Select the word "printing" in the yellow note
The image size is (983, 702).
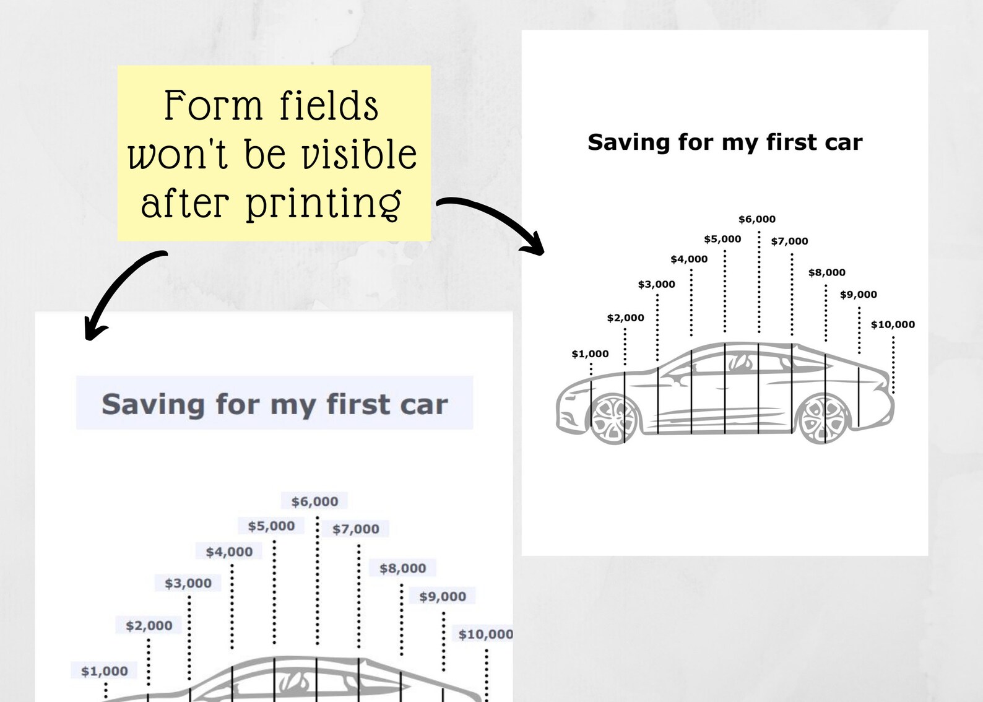(323, 203)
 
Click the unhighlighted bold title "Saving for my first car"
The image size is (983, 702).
(725, 142)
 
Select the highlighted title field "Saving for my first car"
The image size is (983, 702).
(274, 404)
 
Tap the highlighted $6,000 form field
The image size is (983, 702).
(314, 501)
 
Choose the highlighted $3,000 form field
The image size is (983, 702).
(188, 583)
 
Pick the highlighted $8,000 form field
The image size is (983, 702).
(402, 568)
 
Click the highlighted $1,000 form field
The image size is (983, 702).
(104, 671)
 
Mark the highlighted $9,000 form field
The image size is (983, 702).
(443, 597)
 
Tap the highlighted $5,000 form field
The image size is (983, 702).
(271, 526)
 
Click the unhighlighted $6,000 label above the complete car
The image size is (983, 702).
(757, 219)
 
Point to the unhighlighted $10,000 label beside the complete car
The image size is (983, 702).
(893, 324)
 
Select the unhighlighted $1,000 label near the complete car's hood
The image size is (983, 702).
(590, 354)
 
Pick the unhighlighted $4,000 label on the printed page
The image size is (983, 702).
(689, 259)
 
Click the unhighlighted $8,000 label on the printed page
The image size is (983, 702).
(826, 272)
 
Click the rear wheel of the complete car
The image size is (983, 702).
(823, 418)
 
